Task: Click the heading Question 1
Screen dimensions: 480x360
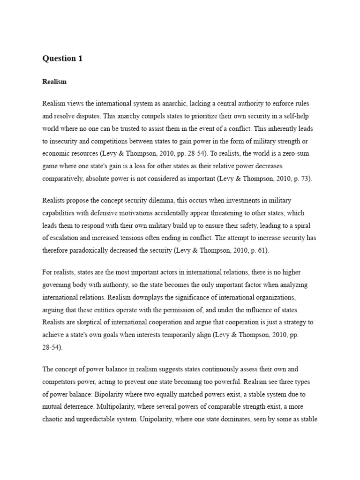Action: [x=62, y=59]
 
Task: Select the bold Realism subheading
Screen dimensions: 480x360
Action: [x=54, y=82]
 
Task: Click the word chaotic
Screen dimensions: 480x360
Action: [x=53, y=420]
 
